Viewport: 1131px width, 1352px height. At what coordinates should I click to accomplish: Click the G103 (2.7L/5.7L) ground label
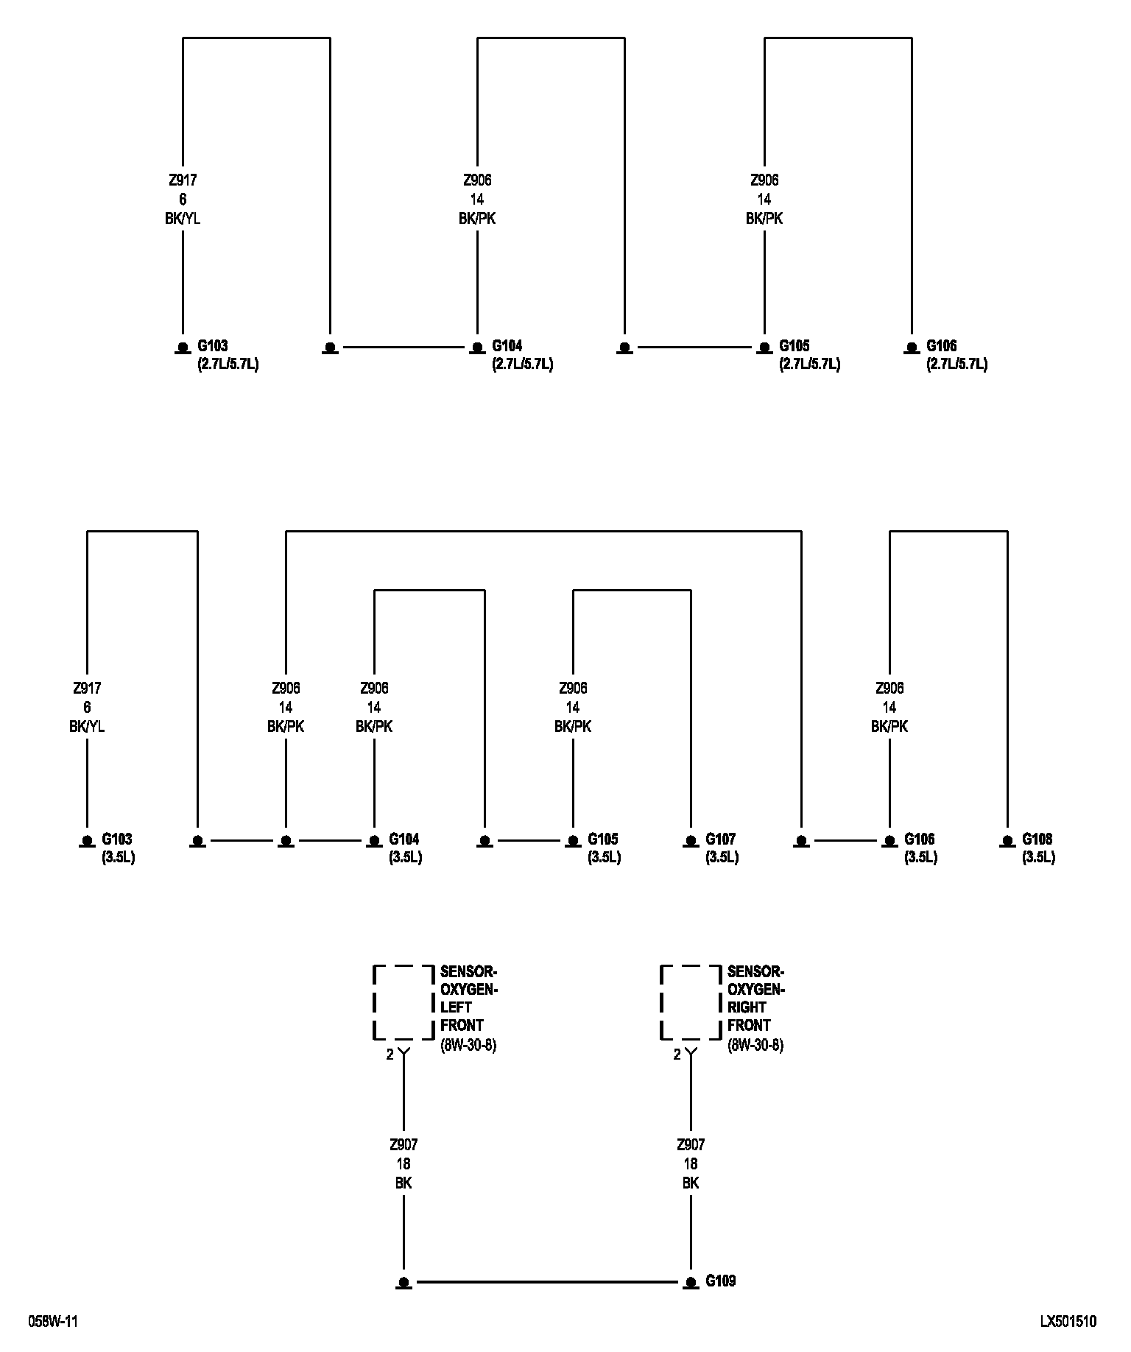pos(228,355)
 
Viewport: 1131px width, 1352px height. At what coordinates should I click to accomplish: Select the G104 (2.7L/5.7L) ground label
pos(522,355)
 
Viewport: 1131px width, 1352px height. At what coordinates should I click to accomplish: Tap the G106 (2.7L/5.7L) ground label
pos(956,355)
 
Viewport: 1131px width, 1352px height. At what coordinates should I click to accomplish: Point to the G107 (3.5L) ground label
pos(721,848)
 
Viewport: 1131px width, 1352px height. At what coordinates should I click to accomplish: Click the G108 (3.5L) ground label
pos(1037,848)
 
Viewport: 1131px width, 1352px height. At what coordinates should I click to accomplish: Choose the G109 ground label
pos(720,1281)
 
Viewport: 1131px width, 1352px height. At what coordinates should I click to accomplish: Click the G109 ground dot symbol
pos(691,1282)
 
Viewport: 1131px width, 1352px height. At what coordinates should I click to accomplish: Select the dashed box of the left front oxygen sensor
pos(404,1002)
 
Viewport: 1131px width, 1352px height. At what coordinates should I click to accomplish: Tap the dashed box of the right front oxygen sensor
pos(691,1002)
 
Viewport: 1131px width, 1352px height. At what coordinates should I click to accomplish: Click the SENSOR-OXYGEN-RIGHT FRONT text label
pos(756,998)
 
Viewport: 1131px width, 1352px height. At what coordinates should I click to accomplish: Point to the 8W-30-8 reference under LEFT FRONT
pos(468,1045)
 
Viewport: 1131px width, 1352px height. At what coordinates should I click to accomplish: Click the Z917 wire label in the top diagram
pos(183,180)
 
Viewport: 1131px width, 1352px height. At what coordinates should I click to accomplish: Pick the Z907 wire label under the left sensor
pos(404,1145)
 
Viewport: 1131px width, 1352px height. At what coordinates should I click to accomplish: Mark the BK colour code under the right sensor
pos(691,1183)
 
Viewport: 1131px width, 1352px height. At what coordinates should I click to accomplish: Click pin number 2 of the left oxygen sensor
pos(390,1055)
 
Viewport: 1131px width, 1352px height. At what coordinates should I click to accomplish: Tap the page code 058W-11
pos(53,1321)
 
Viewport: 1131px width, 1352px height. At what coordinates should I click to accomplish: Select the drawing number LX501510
pos(1068,1321)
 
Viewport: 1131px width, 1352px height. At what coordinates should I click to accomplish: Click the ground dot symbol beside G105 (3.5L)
pos(573,840)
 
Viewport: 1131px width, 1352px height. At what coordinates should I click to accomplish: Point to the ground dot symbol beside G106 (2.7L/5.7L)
pos(912,347)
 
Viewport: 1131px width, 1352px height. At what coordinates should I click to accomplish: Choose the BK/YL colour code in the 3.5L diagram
pos(87,727)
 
